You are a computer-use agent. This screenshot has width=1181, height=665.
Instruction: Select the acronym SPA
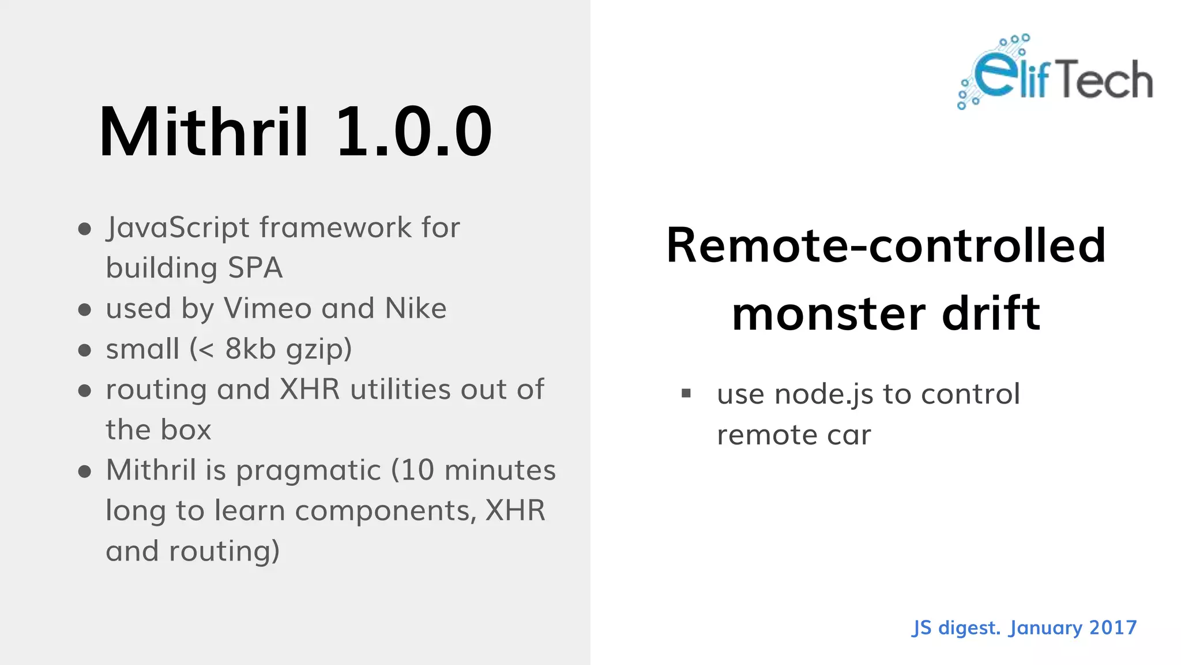[x=255, y=268]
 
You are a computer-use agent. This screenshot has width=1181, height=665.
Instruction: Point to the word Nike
[x=415, y=308]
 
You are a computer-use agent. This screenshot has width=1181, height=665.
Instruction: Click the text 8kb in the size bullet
[x=250, y=349]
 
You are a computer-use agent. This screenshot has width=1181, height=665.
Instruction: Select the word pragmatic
[x=309, y=471]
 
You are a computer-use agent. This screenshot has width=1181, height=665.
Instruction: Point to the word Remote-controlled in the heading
[x=886, y=245]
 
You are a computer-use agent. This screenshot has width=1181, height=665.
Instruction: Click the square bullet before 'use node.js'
[x=686, y=394]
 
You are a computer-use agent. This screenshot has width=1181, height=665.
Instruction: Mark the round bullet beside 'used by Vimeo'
[x=85, y=309]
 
